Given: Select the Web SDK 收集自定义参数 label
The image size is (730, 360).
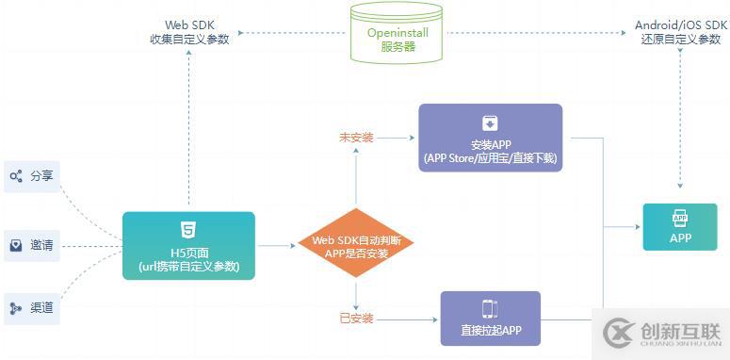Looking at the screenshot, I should point(188,31).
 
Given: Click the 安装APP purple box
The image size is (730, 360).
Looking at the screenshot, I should point(490,138).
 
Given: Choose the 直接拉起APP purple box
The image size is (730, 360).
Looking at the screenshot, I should point(490,319).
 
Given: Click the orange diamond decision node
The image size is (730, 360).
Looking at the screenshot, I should point(356,243).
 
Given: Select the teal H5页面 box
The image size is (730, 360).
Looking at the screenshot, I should point(188,245).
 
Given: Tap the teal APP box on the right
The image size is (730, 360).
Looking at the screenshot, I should point(680,226).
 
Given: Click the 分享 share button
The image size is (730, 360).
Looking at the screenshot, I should point(32,176).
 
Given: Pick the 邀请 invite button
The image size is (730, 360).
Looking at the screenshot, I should point(32,246).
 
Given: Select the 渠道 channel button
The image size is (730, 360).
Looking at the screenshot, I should point(32,308).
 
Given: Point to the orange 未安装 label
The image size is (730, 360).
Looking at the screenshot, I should point(356,138).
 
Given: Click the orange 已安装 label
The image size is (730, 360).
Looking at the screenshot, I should point(356,319).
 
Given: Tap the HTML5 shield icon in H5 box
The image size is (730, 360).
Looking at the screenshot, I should point(188,229).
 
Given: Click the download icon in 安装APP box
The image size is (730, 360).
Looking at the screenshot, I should point(490,123).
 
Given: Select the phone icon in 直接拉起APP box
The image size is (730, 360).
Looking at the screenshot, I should point(490,308).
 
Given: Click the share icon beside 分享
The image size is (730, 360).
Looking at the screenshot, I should point(16,176).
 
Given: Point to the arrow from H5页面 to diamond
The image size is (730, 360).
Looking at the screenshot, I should point(276,246).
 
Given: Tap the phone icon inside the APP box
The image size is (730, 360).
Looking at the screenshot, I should point(680,218).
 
